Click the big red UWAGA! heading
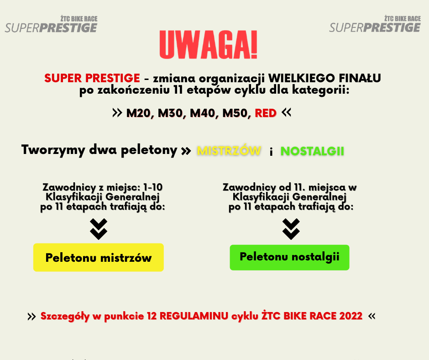(x=209, y=45)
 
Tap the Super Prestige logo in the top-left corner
(x=51, y=24)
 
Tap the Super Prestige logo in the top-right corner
(x=375, y=24)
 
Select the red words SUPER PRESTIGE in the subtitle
(x=92, y=78)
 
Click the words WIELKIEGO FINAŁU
(x=324, y=78)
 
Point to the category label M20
(x=138, y=113)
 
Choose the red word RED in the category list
(x=266, y=113)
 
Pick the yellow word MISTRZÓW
(x=229, y=150)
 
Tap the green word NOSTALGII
(x=312, y=151)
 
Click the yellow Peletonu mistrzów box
(x=99, y=258)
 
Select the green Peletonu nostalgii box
(x=289, y=258)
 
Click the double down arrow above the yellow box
(x=99, y=229)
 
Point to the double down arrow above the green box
(x=291, y=229)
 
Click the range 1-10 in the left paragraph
(x=153, y=187)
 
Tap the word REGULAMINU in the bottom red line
(x=194, y=316)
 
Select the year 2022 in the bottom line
(x=351, y=316)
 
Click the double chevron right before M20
(x=117, y=112)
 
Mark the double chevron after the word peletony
(x=186, y=151)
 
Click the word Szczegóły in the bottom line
(x=65, y=316)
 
